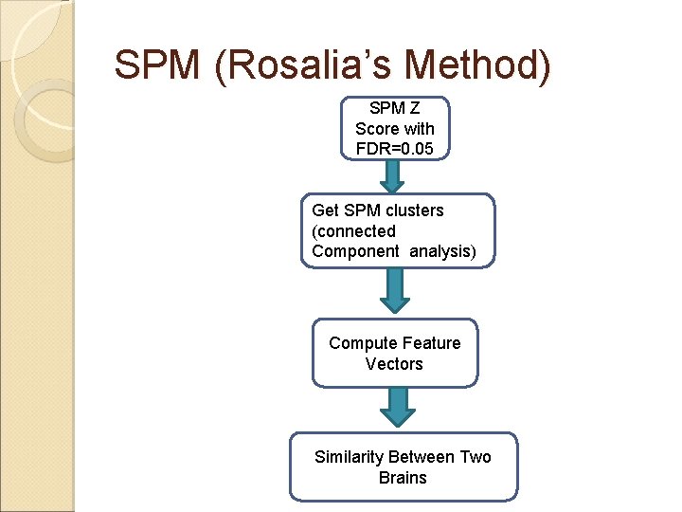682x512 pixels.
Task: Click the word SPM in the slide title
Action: click(156, 64)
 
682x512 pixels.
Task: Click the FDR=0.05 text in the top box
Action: click(395, 148)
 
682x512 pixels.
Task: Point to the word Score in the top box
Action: click(376, 128)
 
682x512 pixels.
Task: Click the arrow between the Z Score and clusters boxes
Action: click(392, 175)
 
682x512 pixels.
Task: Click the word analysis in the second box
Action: click(439, 251)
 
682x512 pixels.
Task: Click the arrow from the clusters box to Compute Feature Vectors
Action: click(395, 290)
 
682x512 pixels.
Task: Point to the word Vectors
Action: click(394, 364)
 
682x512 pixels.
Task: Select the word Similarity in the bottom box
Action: click(349, 457)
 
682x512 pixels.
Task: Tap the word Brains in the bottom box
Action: click(403, 478)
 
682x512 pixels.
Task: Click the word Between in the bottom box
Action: click(422, 457)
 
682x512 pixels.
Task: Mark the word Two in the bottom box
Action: click(476, 457)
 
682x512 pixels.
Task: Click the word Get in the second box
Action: click(325, 210)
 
